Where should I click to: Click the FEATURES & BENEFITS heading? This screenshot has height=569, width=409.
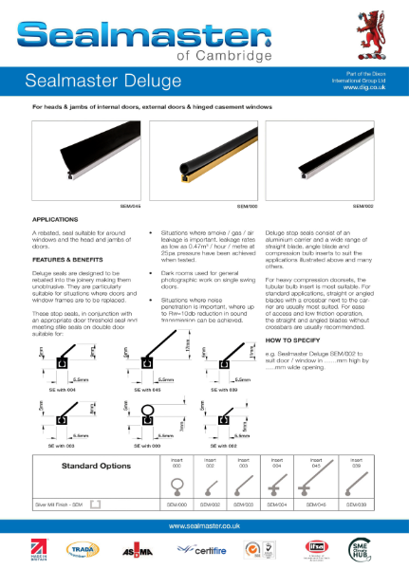click(72, 258)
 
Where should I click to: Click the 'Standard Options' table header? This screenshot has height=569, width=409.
click(95, 467)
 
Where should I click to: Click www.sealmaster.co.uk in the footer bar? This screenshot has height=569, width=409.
click(204, 524)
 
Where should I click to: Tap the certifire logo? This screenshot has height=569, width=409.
click(196, 549)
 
